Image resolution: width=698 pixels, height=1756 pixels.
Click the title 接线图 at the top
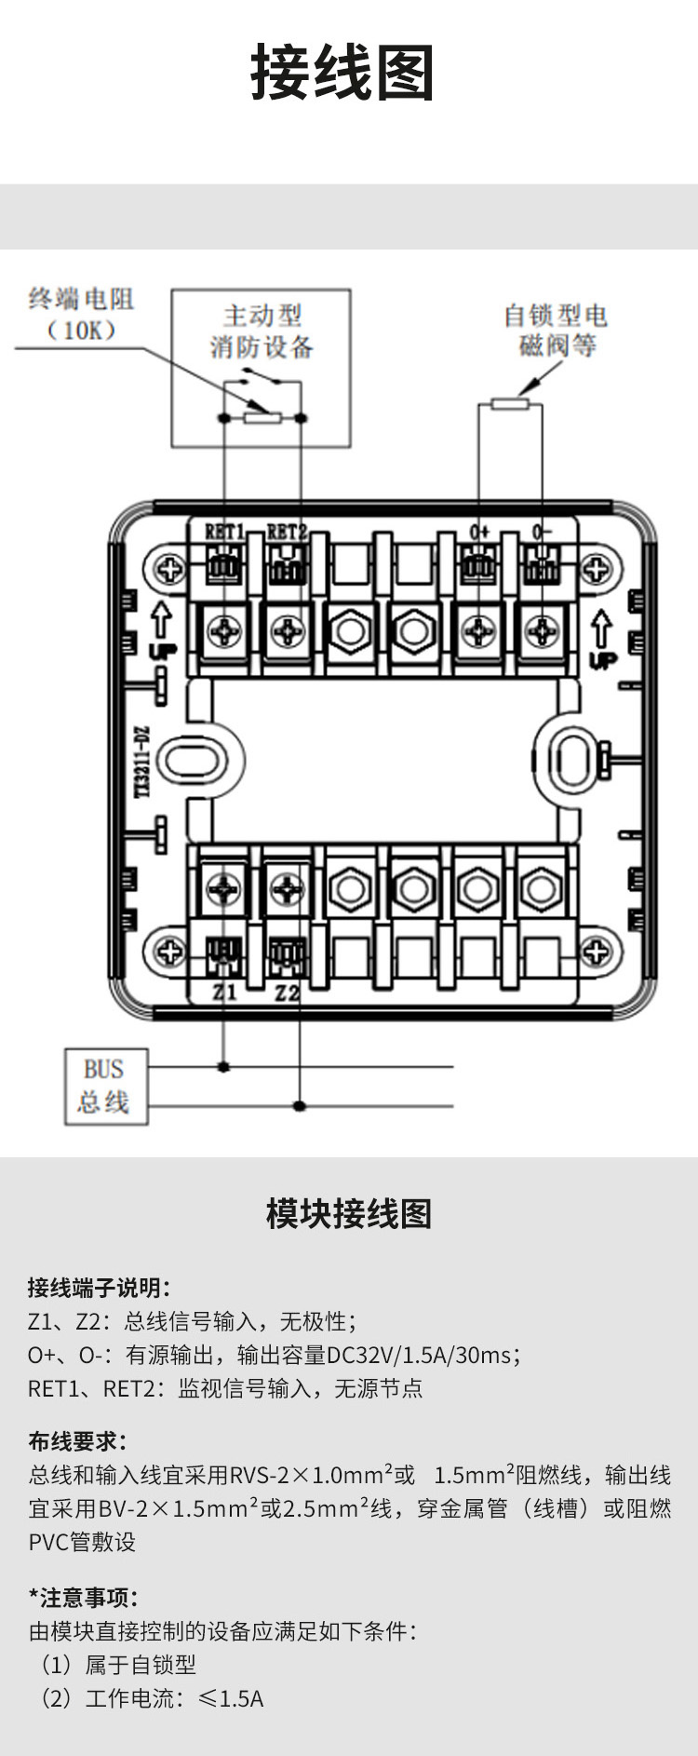coord(342,73)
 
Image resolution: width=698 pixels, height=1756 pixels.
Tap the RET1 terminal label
coord(224,533)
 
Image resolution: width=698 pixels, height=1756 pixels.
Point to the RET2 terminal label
coord(286,533)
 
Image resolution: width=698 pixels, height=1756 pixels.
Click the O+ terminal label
coord(479,532)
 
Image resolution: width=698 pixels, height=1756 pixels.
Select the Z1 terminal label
coord(224,993)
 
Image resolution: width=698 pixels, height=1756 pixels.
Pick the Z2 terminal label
coord(288,993)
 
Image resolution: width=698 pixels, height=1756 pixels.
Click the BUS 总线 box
coord(105,1086)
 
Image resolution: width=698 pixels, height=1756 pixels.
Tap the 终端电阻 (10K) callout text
coord(81,314)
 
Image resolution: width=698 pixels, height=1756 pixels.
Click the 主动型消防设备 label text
coord(262,331)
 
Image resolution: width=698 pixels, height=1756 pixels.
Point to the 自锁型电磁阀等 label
coord(556,331)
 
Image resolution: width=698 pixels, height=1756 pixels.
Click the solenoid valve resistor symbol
coord(509,403)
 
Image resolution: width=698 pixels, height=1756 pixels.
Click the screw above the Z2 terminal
coord(288,888)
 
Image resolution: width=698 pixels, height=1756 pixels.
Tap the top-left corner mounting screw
coord(169,568)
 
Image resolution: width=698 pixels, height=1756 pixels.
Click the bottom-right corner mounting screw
coord(596,952)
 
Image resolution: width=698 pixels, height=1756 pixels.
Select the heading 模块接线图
coord(349,1214)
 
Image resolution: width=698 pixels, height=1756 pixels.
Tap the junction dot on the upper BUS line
coord(223,1066)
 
